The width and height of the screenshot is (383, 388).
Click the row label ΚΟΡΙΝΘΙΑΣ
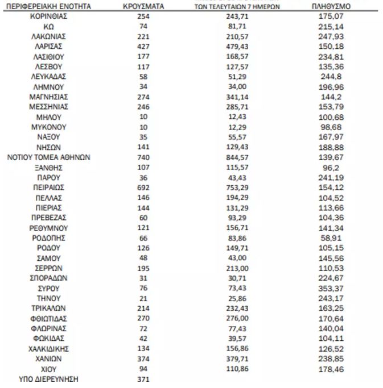point(48,17)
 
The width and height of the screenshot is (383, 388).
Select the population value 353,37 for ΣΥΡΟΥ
point(331,289)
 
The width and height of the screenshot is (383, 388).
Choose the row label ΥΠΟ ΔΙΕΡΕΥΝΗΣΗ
point(48,379)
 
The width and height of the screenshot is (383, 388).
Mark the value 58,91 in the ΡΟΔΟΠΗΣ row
point(331,238)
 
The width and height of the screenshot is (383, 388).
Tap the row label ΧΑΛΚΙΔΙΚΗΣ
point(48,349)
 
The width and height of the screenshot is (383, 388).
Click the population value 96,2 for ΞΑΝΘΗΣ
point(331,168)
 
